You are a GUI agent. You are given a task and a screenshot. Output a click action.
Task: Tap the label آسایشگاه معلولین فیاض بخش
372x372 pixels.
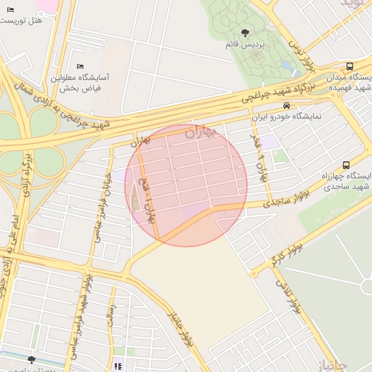(x=81, y=82)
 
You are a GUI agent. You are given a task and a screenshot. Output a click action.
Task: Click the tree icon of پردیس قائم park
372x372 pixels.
(x=244, y=32)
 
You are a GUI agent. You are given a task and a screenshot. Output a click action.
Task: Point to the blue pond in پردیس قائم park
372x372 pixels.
(x=286, y=66)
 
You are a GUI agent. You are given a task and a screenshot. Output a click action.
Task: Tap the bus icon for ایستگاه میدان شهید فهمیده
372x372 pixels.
(x=350, y=66)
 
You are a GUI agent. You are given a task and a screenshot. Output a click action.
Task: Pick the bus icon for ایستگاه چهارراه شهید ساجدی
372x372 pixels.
(x=346, y=165)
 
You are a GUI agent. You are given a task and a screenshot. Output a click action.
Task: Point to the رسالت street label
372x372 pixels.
(x=112, y=323)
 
